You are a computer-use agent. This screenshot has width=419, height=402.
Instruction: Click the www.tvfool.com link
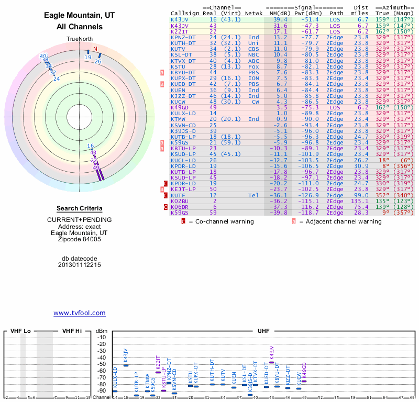(x=80, y=313)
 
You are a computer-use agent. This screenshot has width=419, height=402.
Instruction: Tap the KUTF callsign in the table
(x=178, y=195)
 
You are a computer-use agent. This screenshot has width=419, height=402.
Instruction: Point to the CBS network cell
(x=254, y=49)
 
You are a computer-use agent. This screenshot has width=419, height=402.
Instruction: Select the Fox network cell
(x=254, y=66)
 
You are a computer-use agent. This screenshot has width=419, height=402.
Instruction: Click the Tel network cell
(x=254, y=195)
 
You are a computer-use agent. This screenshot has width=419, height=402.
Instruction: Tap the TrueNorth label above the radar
(x=80, y=39)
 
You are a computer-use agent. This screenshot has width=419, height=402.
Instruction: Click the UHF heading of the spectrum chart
(x=263, y=331)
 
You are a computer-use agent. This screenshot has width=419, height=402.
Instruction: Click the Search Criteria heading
(x=80, y=208)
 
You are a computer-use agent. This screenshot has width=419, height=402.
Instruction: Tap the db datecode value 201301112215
(x=80, y=265)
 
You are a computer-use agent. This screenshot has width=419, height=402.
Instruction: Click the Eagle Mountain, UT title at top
(x=80, y=16)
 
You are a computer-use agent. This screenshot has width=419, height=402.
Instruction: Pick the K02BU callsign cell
(x=179, y=200)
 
